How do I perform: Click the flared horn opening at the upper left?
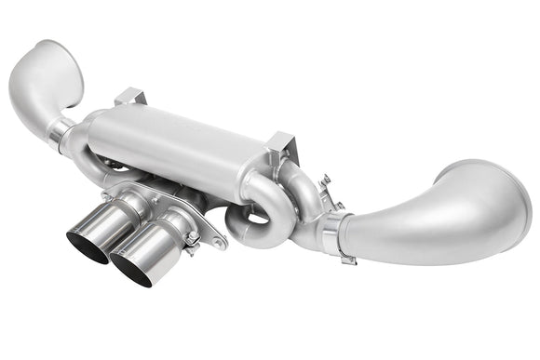(x=51, y=70)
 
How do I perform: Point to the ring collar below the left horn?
(x=61, y=133)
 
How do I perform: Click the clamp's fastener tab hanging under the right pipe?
(x=346, y=258)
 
